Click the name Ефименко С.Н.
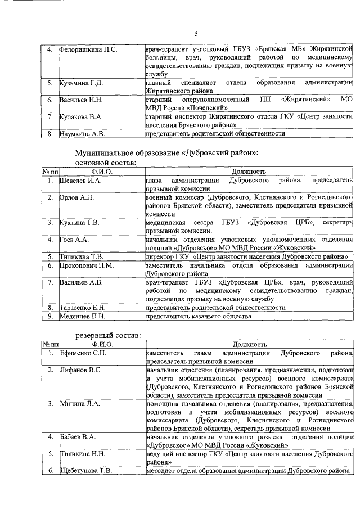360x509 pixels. (x=83, y=353)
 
